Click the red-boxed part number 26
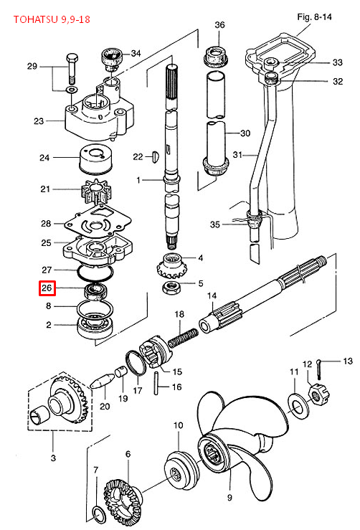(47, 288)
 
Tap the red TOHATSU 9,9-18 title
(52, 19)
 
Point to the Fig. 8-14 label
(314, 16)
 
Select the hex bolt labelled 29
(72, 69)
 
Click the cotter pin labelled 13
(320, 369)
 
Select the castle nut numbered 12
(318, 394)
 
